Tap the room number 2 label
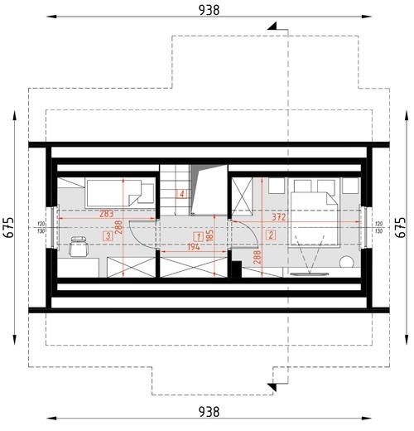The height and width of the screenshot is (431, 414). point(271,235)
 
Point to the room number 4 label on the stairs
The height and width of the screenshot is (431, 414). point(181,195)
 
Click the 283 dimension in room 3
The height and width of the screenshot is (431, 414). point(107,214)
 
